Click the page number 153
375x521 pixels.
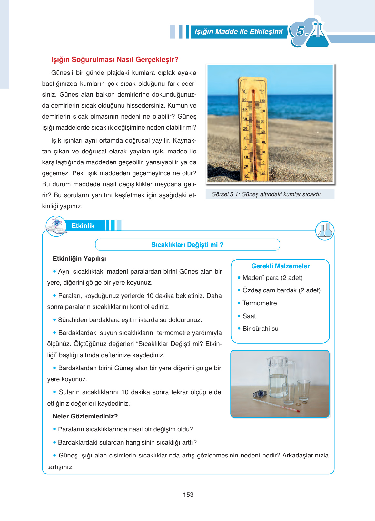tap(188, 495)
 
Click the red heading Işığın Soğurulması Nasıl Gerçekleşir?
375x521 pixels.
tap(114, 60)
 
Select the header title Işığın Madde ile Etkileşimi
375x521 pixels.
tap(239, 32)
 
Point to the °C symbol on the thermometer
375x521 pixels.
tap(245, 92)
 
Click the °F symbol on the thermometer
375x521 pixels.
tap(262, 92)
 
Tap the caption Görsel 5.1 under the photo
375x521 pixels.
tap(267, 194)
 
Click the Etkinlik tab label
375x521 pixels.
tap(83, 226)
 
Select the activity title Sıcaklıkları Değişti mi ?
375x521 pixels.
tap(187, 245)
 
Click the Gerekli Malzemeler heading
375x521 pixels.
tap(280, 266)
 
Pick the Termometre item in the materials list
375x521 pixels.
tap(260, 303)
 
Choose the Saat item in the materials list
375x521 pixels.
tap(249, 316)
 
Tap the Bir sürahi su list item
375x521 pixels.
tap(260, 329)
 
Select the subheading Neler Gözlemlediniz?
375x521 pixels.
tap(85, 416)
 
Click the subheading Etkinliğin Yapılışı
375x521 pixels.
tap(79, 259)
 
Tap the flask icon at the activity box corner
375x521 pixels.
tap(325, 231)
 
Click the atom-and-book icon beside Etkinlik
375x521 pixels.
tap(56, 226)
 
